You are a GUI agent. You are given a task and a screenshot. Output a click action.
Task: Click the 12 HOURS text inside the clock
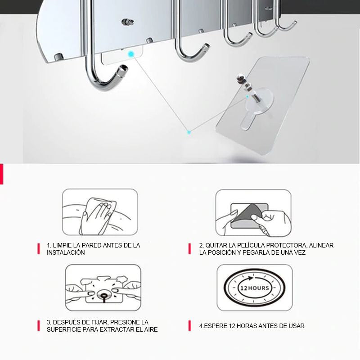point(254,288)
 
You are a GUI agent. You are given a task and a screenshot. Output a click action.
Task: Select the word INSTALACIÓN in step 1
point(66,252)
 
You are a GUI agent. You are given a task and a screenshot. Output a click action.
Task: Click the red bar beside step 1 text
point(39,249)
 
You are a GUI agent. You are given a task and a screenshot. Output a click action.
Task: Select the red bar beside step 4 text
point(189,326)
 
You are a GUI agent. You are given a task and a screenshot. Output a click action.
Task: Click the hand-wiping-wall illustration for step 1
point(100,212)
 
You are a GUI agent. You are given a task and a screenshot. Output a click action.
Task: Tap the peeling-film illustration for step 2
point(253,213)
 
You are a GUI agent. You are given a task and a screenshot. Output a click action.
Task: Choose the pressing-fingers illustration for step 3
point(103,288)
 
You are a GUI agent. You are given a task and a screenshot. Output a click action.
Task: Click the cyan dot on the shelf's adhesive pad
point(131,54)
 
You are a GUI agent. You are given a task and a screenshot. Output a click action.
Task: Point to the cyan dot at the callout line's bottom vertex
point(189,132)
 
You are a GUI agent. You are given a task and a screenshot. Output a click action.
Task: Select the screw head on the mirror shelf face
point(128,22)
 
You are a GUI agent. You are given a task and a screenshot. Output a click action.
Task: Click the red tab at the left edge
point(2,174)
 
